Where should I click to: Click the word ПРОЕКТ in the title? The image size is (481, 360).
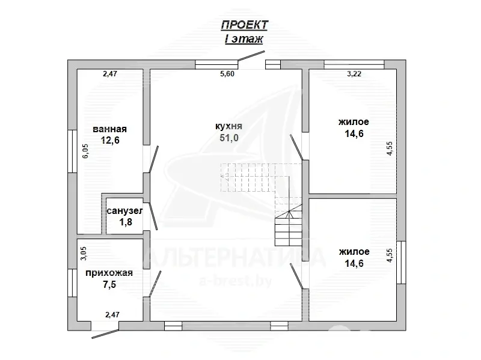click(x=245, y=25)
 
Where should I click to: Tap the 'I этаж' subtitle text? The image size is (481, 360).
click(x=244, y=39)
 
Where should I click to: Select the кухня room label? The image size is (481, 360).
click(x=229, y=126)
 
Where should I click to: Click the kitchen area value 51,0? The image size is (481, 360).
click(x=229, y=138)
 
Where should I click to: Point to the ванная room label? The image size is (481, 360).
click(x=110, y=129)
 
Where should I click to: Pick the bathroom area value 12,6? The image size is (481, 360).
click(x=110, y=140)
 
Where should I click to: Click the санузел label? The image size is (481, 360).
click(x=125, y=212)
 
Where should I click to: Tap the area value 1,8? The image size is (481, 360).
click(x=126, y=222)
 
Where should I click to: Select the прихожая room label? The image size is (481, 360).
click(x=109, y=273)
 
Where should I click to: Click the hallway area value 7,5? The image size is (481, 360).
click(x=109, y=284)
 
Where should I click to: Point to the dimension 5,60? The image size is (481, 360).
click(x=227, y=74)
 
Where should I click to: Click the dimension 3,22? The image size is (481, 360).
click(x=354, y=74)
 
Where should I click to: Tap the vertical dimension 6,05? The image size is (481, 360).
click(x=85, y=151)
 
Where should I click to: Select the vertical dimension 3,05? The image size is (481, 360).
click(x=84, y=254)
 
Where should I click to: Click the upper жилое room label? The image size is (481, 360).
click(x=354, y=122)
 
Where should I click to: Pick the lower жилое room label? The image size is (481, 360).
click(x=354, y=252)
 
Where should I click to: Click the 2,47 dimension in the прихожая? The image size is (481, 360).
click(x=112, y=314)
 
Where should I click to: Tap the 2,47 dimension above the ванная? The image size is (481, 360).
click(x=110, y=74)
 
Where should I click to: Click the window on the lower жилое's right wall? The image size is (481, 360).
click(x=401, y=263)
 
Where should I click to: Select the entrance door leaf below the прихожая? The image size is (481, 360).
click(x=106, y=334)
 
